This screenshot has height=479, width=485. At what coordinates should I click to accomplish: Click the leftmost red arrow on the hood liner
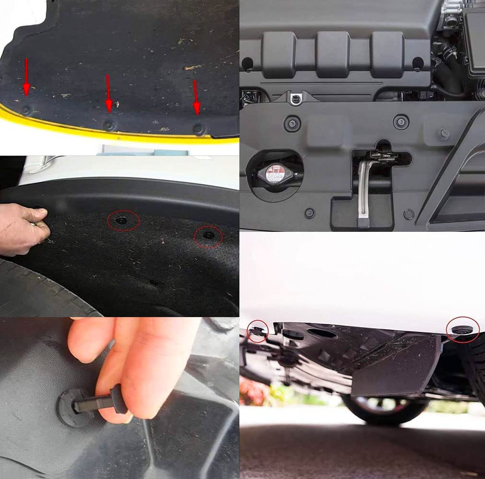pos(26,77)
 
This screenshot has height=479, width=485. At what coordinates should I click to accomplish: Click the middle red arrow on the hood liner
pos(109,93)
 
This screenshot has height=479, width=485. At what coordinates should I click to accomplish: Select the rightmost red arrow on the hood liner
pos(196,98)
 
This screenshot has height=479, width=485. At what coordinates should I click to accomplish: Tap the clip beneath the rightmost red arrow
pos(199,128)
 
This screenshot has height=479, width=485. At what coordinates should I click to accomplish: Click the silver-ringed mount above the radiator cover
pos(296,99)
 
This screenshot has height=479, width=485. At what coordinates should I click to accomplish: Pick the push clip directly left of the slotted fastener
pos(401,121)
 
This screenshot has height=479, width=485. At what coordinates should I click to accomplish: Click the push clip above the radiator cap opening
pos(292,123)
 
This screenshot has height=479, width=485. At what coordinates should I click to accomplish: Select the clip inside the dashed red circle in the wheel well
pos(207,235)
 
